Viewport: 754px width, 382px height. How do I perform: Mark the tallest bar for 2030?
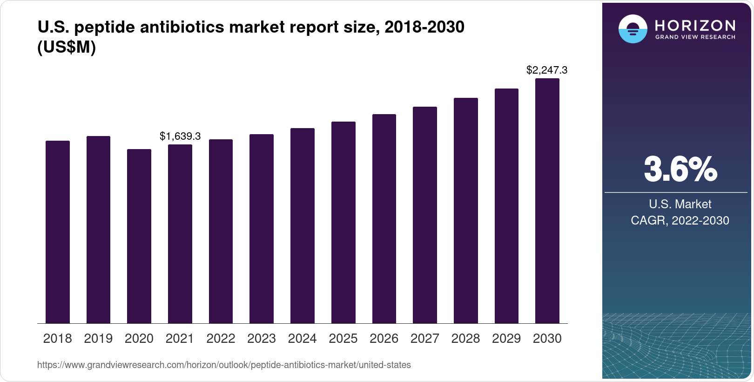coord(547,201)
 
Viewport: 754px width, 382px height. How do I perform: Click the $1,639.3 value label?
coord(180,136)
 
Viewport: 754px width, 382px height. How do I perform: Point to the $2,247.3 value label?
coord(546,70)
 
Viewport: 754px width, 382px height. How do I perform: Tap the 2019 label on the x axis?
coord(98,339)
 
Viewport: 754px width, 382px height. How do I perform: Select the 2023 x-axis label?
coord(262,339)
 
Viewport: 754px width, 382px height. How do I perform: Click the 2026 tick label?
coord(384,339)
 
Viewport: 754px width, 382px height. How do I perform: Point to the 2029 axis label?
coord(506,339)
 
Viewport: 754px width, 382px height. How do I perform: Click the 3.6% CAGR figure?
coord(680,170)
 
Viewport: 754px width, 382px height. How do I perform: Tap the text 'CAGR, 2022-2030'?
coord(680,220)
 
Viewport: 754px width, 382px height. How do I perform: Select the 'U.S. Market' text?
coord(680,204)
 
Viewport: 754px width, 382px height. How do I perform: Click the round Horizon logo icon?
coord(633,29)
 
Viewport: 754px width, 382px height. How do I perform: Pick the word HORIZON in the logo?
coord(695,25)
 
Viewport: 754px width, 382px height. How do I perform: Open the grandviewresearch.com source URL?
coord(224,365)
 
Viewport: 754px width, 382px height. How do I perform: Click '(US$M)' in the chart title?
coord(66,48)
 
